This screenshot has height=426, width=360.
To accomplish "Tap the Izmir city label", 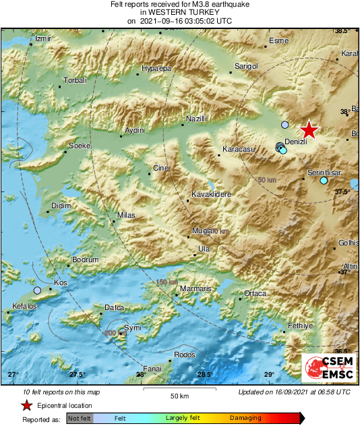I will coord(42,39).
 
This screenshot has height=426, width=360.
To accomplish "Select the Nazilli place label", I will coord(196,119).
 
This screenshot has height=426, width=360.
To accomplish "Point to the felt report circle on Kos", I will coord(37,291).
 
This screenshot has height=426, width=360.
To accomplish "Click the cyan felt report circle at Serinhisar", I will coord(324,181).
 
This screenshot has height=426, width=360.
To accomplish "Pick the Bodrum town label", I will coord(86,260).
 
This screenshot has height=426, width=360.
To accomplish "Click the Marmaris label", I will coord(196,288).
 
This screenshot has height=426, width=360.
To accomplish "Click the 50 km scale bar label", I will coord(179,394).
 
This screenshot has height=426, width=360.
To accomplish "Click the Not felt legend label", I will coord(79,419).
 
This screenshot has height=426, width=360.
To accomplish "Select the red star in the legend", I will coord(26,406).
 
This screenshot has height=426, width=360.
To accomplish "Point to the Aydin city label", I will coord(135,130).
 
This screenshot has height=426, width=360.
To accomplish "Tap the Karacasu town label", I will coord(237,150).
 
